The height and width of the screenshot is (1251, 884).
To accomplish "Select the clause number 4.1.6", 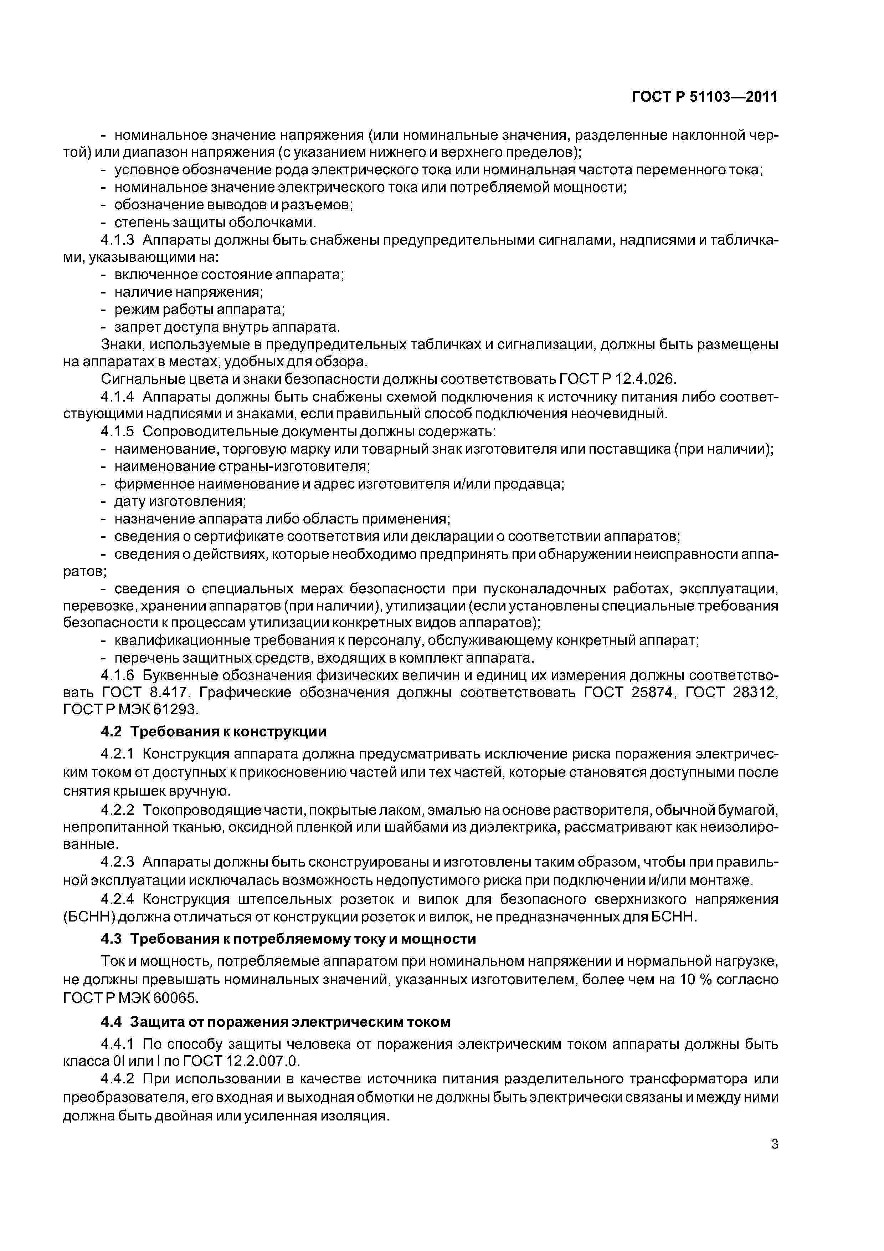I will point(117,676).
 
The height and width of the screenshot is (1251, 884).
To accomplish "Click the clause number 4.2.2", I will point(117,811).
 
